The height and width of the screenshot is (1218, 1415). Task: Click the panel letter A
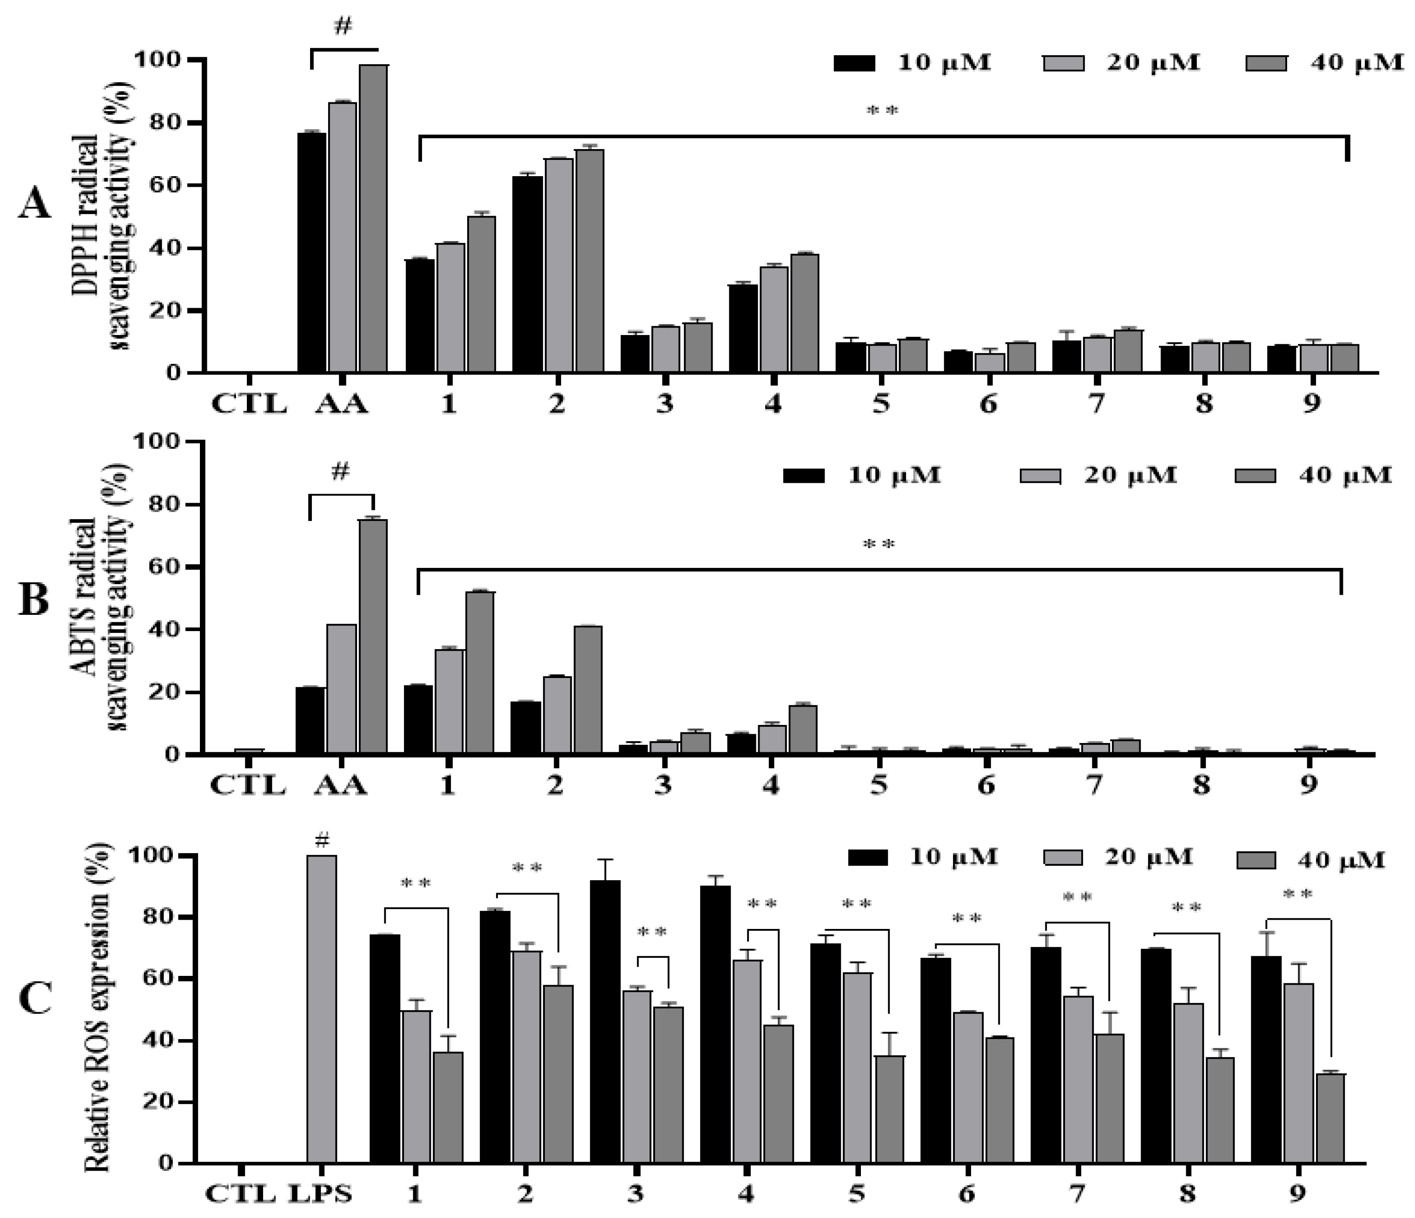tap(34, 204)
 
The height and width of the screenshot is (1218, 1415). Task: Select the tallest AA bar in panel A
tap(374, 218)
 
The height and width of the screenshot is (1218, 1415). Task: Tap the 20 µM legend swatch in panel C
tap(1063, 857)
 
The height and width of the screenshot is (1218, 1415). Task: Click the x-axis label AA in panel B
tap(340, 786)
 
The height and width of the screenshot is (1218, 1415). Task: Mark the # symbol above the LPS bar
tap(322, 841)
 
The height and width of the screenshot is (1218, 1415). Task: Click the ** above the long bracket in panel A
tap(882, 111)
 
